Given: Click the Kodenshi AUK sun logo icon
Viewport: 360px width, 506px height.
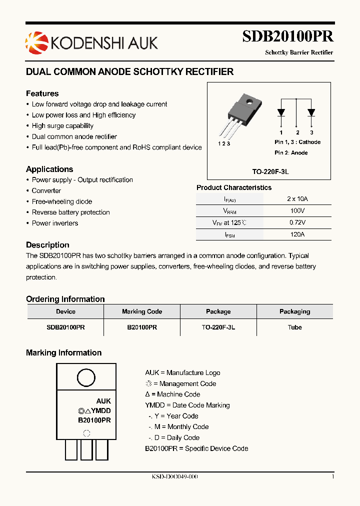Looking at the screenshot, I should click(x=35, y=41).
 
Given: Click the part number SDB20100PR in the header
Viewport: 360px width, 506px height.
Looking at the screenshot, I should click(x=287, y=36).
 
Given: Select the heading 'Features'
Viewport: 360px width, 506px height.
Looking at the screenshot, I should click(x=42, y=93).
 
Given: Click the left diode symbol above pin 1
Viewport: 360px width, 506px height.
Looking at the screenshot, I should click(x=281, y=112).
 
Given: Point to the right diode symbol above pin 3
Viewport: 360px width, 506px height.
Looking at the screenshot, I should click(x=311, y=112).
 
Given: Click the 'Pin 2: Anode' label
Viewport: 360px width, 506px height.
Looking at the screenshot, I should click(x=291, y=152).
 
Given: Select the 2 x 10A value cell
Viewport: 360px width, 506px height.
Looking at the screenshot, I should click(x=297, y=198).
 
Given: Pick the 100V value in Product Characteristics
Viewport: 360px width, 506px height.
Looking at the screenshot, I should click(x=297, y=210).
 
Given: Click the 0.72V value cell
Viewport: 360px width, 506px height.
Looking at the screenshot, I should click(x=297, y=222).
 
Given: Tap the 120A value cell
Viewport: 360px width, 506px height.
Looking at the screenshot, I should click(x=297, y=234).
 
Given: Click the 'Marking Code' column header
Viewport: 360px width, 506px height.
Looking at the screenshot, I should click(x=142, y=311).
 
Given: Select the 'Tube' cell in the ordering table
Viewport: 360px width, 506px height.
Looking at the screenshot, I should click(x=294, y=327).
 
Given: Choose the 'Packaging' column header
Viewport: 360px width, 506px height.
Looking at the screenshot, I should click(x=294, y=311).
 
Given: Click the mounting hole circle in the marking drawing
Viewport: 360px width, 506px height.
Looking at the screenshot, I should click(x=85, y=377).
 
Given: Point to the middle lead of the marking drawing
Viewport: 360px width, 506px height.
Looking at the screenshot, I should click(x=86, y=449).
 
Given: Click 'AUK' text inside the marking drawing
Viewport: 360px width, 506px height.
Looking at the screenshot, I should click(x=103, y=401).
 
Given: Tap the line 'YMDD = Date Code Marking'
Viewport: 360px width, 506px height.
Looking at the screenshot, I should click(x=187, y=405).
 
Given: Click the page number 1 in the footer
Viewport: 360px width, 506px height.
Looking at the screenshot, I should click(x=332, y=476).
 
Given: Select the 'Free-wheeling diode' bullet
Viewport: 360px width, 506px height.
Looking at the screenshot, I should click(x=61, y=201).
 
